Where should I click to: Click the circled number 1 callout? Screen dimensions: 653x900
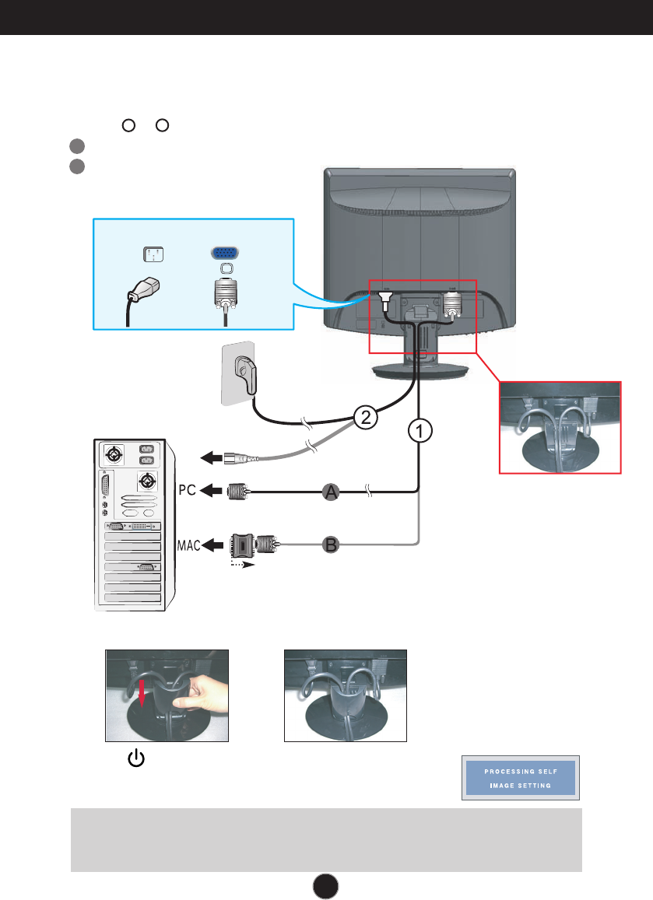point(420,430)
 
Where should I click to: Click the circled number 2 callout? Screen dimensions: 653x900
point(366,417)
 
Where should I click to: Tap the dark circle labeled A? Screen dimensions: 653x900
point(331,492)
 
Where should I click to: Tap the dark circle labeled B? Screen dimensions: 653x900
point(331,545)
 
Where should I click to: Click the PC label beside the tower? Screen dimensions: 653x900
point(188,490)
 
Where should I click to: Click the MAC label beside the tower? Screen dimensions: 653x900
point(188,545)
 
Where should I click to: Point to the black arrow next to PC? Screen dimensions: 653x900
point(212,491)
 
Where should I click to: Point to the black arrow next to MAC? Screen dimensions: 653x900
point(214,545)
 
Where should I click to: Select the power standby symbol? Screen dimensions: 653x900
point(136,758)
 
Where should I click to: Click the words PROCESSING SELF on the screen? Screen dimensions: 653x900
point(521,772)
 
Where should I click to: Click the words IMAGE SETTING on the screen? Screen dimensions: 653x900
point(521,785)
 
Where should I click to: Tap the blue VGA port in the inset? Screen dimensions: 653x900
point(225,253)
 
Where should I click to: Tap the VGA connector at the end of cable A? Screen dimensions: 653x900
point(238,492)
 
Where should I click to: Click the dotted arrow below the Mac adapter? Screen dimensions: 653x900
point(242,564)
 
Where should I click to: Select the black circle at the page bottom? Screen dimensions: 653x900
point(325,886)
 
